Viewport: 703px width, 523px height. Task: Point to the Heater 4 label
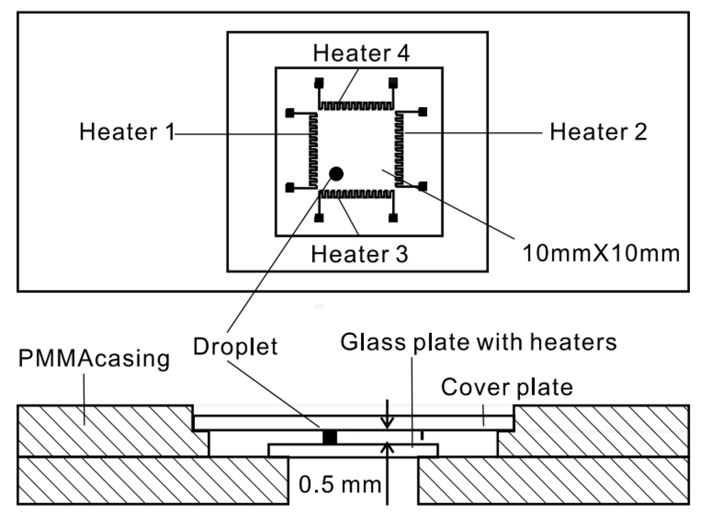coord(361,53)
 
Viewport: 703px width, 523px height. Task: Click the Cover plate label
coord(507,387)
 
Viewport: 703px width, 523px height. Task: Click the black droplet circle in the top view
coord(336,173)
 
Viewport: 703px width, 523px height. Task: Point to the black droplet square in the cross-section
coord(331,437)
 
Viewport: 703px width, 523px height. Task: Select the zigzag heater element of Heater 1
coord(313,150)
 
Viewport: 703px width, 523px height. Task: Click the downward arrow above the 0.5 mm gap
coord(389,416)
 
